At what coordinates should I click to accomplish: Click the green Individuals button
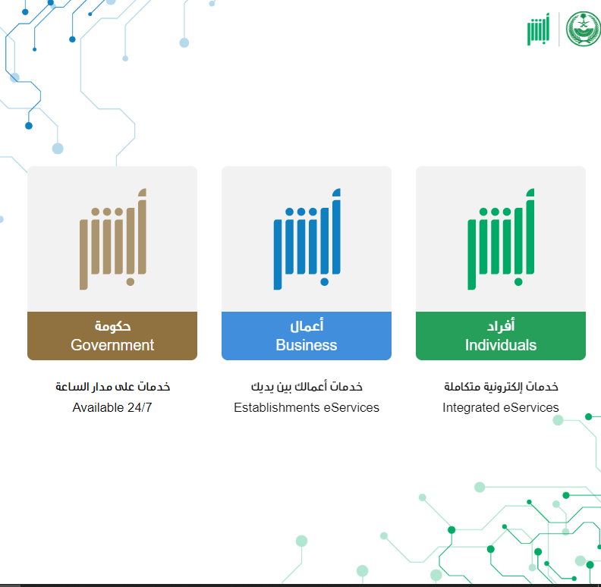tap(501, 336)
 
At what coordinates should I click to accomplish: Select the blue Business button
tap(307, 336)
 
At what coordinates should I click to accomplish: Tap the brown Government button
tap(112, 336)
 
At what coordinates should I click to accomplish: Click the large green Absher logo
tap(501, 239)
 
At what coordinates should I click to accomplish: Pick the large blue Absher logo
tap(307, 239)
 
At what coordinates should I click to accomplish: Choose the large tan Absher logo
tap(113, 239)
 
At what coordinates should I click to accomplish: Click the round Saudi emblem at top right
tap(584, 29)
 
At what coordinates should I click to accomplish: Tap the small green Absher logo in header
tap(539, 30)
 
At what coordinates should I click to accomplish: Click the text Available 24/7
tap(112, 407)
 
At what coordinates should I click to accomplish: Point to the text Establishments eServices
tap(307, 407)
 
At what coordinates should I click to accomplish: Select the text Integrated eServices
tap(501, 407)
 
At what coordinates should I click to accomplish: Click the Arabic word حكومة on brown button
tap(112, 326)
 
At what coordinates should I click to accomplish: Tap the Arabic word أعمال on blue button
tap(307, 325)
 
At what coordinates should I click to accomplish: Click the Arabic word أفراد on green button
tap(501, 325)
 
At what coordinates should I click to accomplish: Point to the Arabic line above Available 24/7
tap(112, 387)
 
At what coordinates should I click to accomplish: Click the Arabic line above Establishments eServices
tap(307, 387)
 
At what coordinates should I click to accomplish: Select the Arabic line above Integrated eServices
tap(501, 387)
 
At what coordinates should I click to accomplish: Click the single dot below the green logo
tap(518, 282)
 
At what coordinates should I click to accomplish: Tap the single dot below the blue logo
tap(325, 282)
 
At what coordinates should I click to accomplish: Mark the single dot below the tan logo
tap(131, 282)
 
